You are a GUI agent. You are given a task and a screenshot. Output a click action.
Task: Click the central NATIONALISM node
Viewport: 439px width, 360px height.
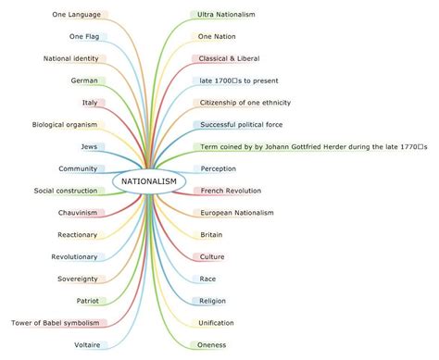click(148, 180)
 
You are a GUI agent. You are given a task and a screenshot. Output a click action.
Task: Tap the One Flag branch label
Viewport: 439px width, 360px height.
click(84, 37)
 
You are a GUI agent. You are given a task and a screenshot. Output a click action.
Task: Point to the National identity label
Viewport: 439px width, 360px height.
click(71, 58)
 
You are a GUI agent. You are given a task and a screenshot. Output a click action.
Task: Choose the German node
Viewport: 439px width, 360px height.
click(84, 81)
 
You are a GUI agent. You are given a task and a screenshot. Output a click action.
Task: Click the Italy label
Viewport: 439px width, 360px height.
click(90, 103)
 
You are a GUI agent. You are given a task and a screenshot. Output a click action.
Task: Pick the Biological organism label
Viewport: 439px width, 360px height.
click(65, 125)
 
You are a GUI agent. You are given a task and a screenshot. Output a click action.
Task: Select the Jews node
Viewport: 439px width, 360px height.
click(89, 146)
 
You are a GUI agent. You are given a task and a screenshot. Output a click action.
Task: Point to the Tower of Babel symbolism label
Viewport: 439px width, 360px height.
click(55, 323)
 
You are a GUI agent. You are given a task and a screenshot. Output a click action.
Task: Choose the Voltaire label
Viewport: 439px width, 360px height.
click(87, 345)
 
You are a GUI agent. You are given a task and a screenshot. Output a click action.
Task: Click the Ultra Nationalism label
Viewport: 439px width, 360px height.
click(227, 15)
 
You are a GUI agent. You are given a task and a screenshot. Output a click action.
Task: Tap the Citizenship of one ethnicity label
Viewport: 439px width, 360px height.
click(245, 103)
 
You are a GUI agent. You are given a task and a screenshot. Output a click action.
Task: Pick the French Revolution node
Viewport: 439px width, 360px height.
click(231, 191)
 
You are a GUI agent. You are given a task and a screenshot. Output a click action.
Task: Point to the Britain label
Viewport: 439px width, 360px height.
click(211, 235)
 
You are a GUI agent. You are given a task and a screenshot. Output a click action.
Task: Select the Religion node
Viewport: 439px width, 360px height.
click(213, 301)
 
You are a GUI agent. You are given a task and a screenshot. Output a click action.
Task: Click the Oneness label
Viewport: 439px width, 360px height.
click(212, 345)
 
